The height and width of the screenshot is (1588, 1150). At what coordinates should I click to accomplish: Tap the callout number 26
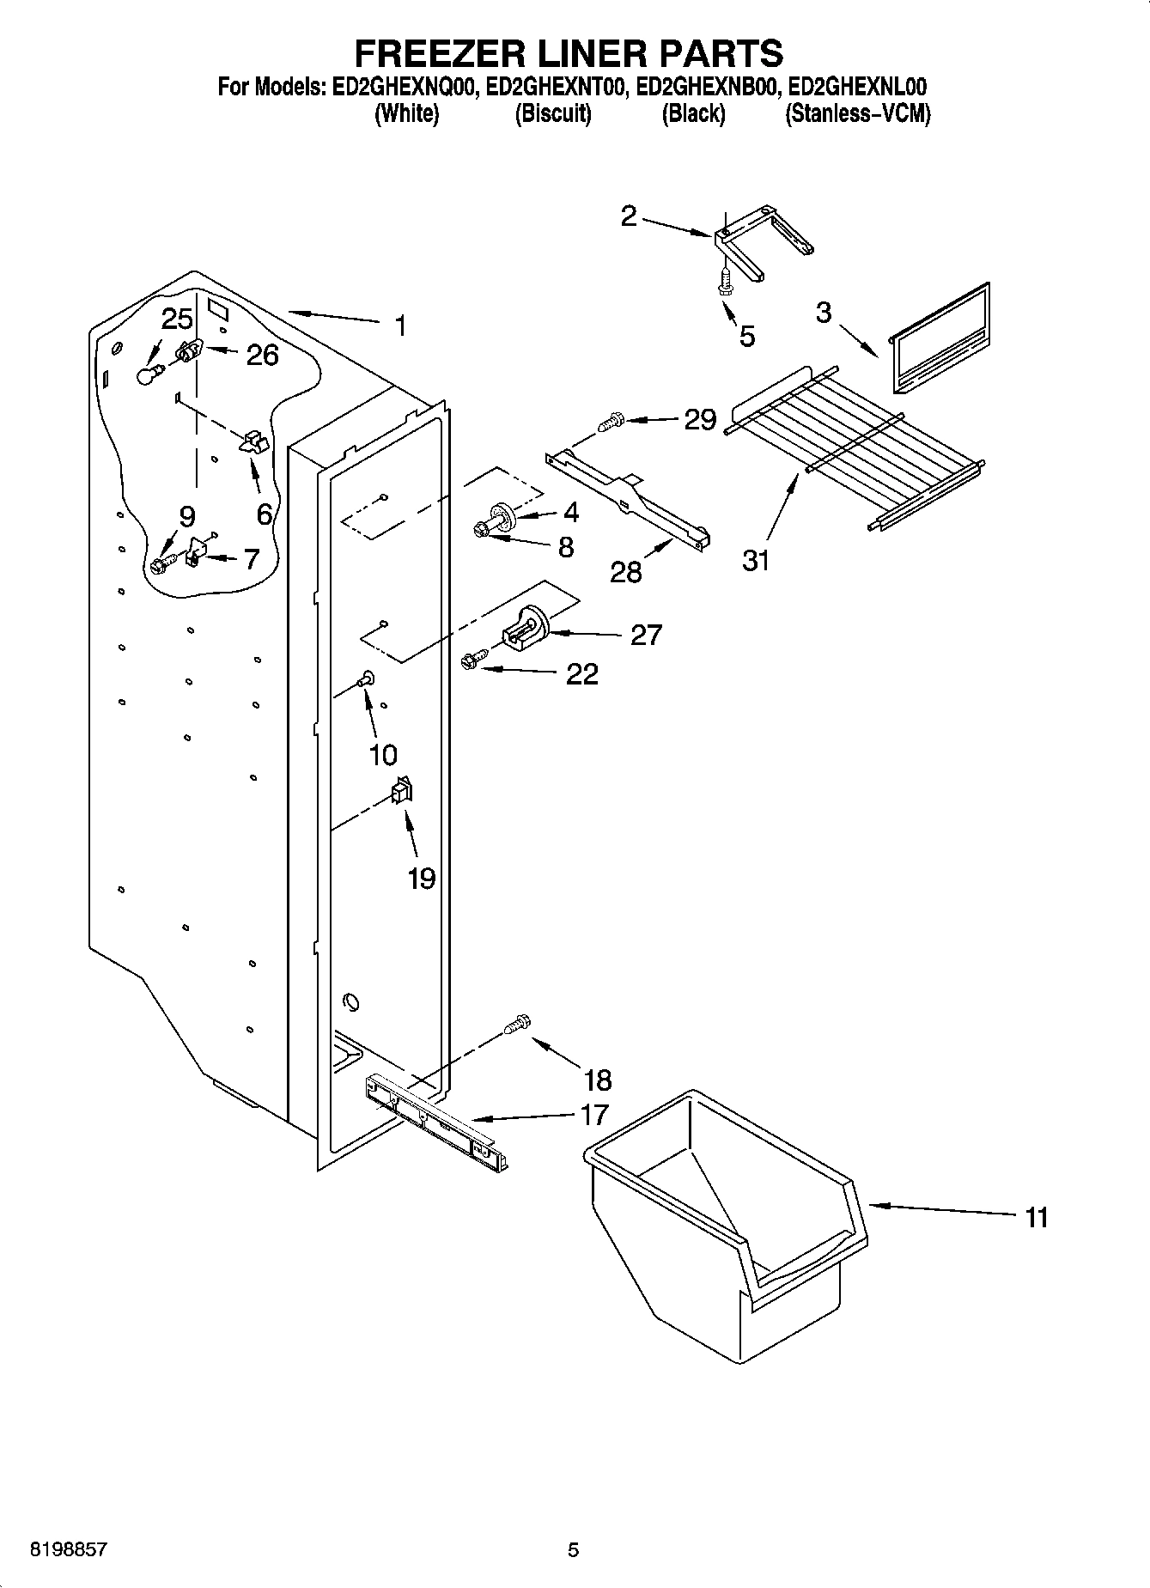(x=262, y=355)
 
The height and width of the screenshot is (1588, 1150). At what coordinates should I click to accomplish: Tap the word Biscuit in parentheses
(x=553, y=113)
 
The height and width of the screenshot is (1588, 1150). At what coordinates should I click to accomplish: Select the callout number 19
(x=421, y=879)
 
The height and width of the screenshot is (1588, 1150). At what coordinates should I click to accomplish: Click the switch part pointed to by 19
(x=401, y=790)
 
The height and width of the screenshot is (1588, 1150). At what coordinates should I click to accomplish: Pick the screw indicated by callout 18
(x=518, y=1024)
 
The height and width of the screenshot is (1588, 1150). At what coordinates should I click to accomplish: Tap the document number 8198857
(x=69, y=1550)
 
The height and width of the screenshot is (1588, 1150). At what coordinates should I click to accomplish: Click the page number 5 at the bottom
(x=574, y=1550)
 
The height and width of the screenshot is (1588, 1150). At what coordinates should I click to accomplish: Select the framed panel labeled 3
(x=940, y=338)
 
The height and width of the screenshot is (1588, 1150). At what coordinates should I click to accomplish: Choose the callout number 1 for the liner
(x=399, y=326)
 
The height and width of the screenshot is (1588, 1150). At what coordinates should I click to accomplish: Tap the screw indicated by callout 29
(x=611, y=422)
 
